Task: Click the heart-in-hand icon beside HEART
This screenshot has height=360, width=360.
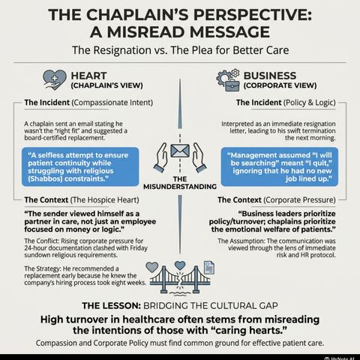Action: (x=55, y=79)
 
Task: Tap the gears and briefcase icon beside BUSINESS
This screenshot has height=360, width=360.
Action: (x=228, y=80)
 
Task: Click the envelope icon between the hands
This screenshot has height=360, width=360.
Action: (x=180, y=151)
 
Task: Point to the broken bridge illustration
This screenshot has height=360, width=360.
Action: (x=180, y=280)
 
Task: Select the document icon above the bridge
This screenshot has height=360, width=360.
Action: (x=209, y=268)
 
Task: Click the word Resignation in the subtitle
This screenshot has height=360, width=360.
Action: (x=122, y=50)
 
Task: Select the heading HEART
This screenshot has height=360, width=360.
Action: (x=88, y=76)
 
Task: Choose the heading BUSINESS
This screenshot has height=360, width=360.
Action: (x=270, y=76)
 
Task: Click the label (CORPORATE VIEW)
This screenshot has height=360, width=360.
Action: (x=280, y=85)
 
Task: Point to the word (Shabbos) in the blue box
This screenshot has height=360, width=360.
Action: (x=45, y=178)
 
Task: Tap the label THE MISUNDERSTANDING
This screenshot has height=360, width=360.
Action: (x=180, y=183)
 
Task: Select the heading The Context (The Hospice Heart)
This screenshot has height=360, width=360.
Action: (x=82, y=200)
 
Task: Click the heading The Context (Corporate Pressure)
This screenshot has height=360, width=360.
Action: (x=277, y=200)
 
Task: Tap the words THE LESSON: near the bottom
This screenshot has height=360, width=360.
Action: (x=112, y=305)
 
